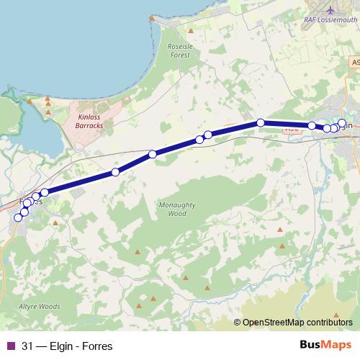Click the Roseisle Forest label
179,50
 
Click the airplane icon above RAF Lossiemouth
330,10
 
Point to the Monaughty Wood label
176,209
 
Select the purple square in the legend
10,346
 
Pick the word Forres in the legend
98,346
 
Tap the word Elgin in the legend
63,346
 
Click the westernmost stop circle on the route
19,217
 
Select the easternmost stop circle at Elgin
342,123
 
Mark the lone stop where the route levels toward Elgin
261,122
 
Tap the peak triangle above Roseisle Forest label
191,31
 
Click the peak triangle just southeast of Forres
56,222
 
